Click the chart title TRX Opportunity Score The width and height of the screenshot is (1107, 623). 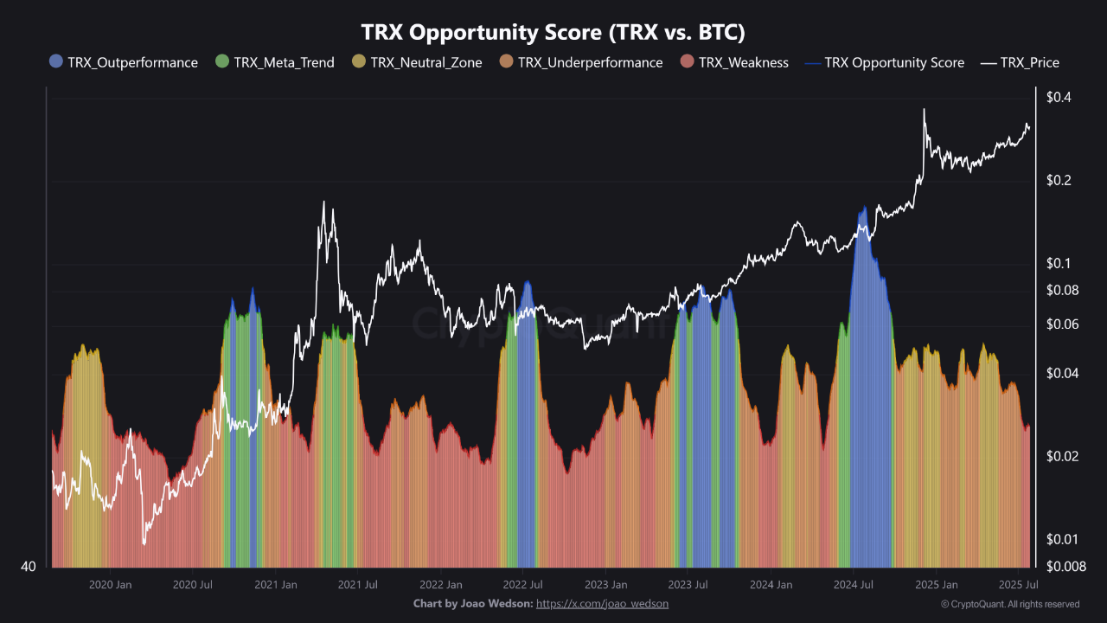click(x=553, y=32)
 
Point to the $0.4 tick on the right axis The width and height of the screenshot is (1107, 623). click(x=1059, y=97)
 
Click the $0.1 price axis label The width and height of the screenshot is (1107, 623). click(x=1059, y=263)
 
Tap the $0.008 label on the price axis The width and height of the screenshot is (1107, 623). click(x=1065, y=566)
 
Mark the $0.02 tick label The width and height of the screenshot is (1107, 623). click(x=1062, y=456)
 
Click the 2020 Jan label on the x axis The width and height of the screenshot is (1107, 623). click(x=111, y=585)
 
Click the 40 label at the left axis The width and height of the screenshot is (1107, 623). click(x=28, y=567)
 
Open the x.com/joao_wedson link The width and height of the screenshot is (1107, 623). click(x=602, y=603)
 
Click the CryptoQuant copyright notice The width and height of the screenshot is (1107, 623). click(x=1009, y=604)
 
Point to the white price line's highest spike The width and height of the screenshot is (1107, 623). click(x=924, y=110)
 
